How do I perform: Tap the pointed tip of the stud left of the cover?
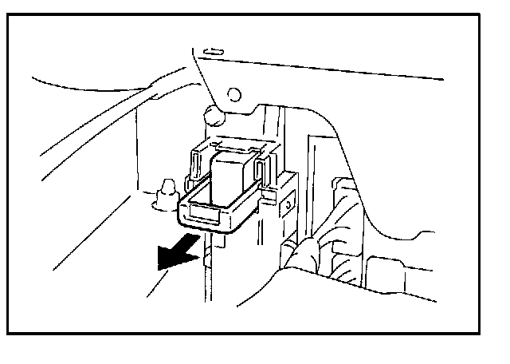(x=166, y=184)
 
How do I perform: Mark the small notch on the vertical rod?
(x=206, y=254)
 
